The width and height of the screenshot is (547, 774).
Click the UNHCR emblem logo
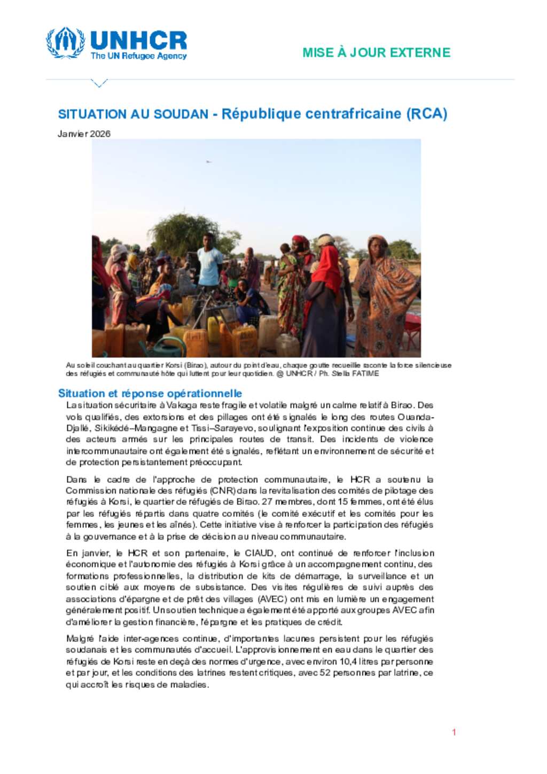(x=65, y=43)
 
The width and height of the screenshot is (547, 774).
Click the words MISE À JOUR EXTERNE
(x=376, y=52)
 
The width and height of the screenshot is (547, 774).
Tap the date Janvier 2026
(x=84, y=134)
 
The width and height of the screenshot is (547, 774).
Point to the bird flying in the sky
(x=208, y=161)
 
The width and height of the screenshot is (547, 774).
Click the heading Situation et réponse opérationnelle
(x=150, y=394)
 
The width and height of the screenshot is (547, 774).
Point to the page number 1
(x=454, y=732)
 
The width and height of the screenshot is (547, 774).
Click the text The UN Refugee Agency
(x=138, y=56)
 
